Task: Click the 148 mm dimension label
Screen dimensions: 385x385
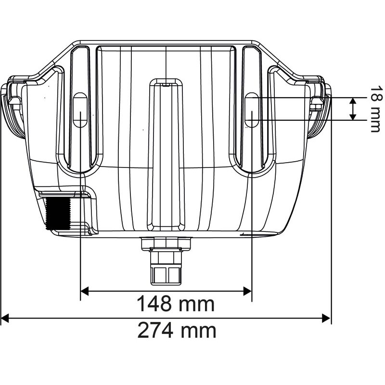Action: [175, 304]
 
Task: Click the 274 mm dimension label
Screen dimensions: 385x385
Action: [176, 331]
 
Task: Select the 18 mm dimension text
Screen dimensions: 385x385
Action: [375, 109]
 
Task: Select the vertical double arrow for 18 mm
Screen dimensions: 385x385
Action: [353, 109]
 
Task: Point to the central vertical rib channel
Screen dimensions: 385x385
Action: [166, 154]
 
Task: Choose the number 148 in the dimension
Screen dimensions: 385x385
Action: [155, 304]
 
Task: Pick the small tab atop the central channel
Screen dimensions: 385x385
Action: [166, 83]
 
